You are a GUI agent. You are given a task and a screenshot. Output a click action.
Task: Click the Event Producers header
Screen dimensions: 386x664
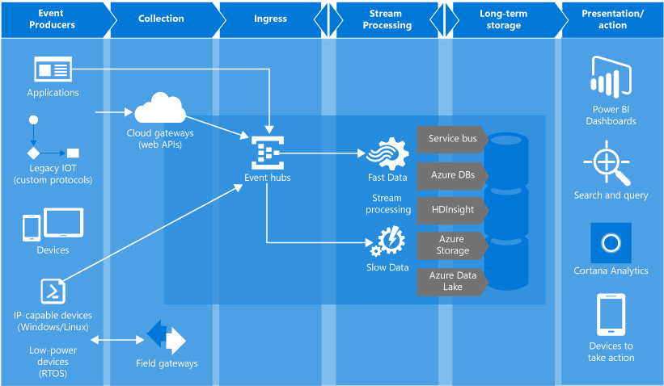point(53,19)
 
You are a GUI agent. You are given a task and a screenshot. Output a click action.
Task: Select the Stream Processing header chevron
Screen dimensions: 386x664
point(387,19)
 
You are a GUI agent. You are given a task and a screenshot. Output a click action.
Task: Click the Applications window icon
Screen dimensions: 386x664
point(53,69)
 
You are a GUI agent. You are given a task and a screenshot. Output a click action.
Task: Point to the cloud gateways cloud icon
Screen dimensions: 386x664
point(159,107)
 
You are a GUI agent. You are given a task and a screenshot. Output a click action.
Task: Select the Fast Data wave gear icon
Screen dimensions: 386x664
point(387,153)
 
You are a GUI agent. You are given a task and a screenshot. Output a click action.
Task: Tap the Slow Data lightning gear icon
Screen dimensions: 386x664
point(387,241)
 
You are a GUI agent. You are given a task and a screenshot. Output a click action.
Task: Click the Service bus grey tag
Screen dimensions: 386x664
point(451,138)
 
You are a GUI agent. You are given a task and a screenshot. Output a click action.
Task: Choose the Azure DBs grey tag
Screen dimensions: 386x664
point(451,174)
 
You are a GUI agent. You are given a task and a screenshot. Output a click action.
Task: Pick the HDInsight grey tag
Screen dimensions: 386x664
point(451,209)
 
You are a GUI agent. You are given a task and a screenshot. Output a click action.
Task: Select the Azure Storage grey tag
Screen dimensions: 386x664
point(451,245)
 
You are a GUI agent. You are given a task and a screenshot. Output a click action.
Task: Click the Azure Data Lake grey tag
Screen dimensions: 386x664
point(451,281)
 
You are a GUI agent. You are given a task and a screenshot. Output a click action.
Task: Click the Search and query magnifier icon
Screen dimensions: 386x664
point(608,162)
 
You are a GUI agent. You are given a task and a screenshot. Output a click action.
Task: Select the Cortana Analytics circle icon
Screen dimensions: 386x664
point(611,242)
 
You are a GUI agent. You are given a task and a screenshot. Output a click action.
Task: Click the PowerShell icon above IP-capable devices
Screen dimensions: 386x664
point(53,290)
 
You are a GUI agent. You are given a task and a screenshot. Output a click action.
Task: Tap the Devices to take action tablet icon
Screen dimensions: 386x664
point(611,314)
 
